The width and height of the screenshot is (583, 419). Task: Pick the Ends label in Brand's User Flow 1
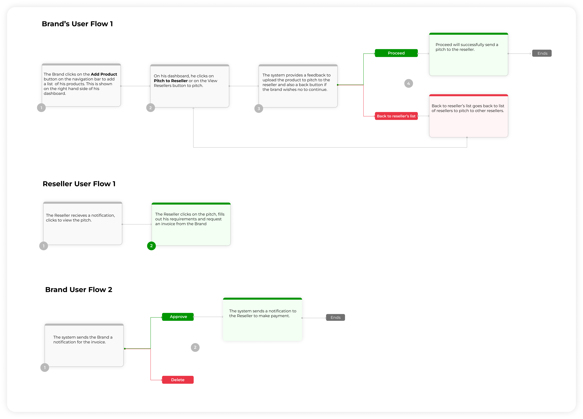542,53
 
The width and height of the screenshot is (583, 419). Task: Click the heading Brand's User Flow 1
77,24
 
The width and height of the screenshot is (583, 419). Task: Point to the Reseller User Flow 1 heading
79,184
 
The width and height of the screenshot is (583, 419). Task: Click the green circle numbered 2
151,246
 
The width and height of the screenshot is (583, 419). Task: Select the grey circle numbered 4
408,84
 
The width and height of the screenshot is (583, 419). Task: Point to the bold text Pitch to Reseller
171,81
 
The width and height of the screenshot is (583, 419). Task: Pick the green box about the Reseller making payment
262,319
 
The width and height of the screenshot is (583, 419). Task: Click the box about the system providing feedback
298,86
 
